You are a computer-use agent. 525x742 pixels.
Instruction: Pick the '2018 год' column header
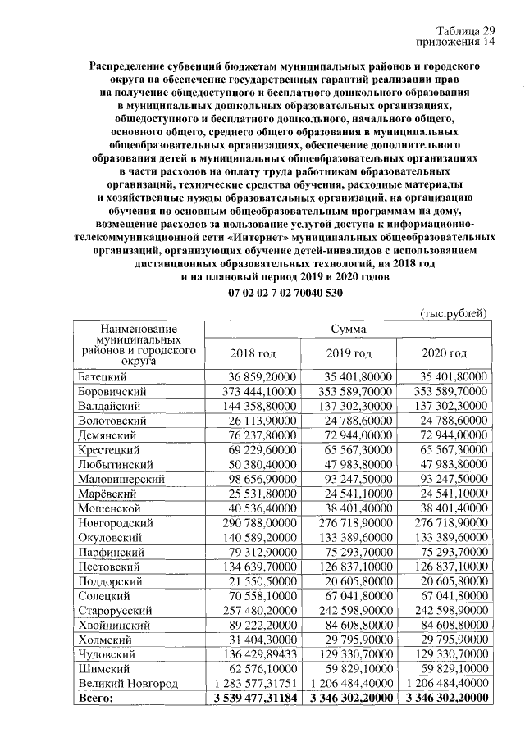coord(253,353)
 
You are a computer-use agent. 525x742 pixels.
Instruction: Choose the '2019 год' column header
coord(349,353)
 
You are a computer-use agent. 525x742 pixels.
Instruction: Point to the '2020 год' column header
coord(444,353)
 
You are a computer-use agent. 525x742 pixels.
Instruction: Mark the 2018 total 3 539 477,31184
coord(253,698)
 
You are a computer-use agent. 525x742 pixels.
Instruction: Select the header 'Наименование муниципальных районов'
coord(139,344)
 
